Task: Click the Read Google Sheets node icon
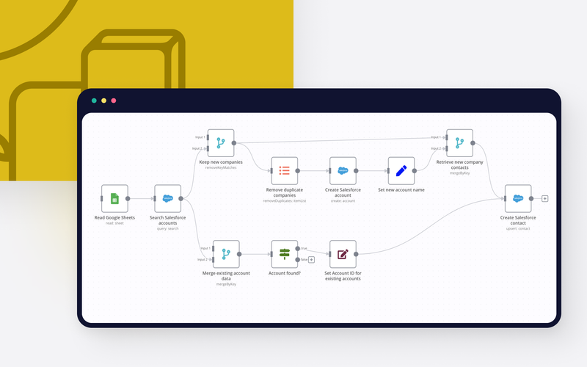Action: point(114,198)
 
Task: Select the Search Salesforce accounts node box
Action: point(167,198)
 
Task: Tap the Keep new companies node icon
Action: point(220,142)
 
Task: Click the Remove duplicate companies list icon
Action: point(284,170)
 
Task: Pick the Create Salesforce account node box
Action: point(343,170)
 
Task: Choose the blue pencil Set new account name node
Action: point(401,170)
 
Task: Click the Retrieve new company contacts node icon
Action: point(459,142)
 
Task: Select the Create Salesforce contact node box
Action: point(518,198)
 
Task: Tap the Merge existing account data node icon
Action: point(226,254)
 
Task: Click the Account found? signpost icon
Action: point(284,254)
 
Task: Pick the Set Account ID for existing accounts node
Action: point(343,254)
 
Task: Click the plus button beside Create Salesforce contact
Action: point(544,198)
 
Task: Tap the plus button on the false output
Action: point(312,259)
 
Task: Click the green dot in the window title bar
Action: point(94,101)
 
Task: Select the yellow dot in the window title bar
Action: point(103,101)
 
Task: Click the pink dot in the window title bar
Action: point(113,101)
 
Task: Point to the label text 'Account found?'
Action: point(284,273)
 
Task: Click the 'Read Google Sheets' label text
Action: point(114,217)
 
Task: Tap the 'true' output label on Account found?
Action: point(304,247)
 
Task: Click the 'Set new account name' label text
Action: point(401,189)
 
